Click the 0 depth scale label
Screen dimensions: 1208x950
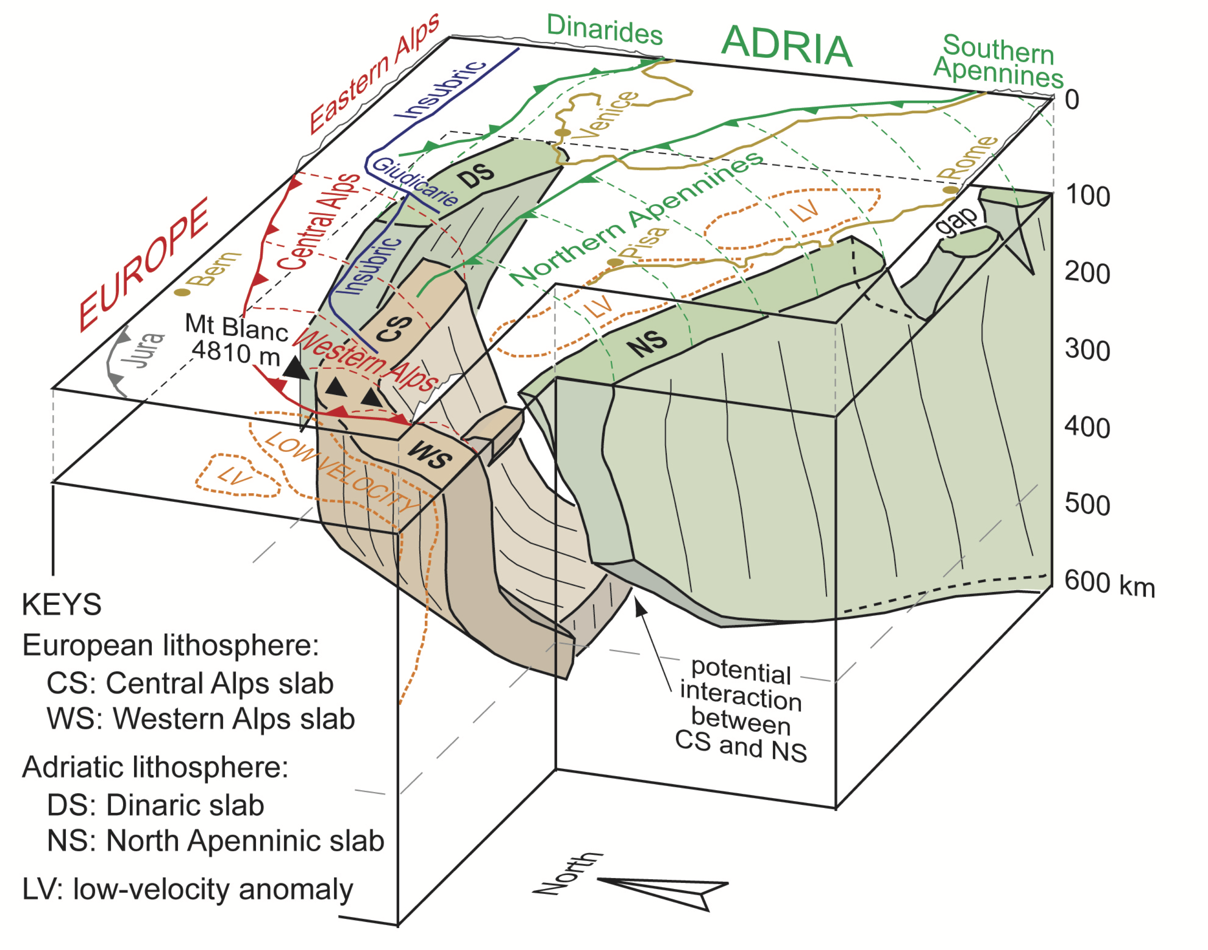click(1072, 100)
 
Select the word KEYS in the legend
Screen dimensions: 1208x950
click(62, 605)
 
